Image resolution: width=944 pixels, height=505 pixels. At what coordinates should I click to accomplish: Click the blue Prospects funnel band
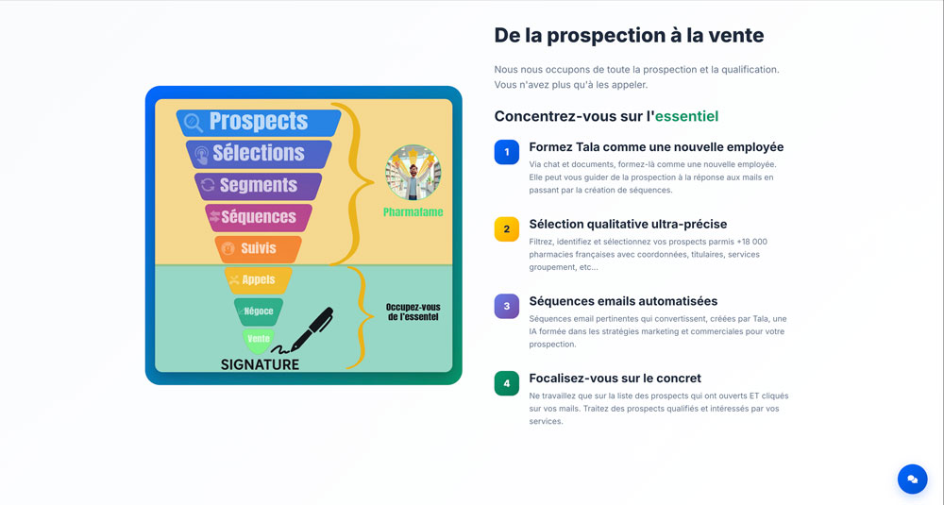259,122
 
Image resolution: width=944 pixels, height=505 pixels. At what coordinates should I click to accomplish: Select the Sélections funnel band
259,154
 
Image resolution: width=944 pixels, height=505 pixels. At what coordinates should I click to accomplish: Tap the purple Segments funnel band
259,186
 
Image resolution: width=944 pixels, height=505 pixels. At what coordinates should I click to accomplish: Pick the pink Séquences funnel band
259,217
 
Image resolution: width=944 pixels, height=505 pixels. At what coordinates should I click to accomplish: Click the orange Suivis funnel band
259,249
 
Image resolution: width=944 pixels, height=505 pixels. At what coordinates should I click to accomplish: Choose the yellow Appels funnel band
259,280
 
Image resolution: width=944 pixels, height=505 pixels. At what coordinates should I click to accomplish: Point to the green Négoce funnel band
259,311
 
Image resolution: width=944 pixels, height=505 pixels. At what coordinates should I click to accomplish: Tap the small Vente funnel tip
259,340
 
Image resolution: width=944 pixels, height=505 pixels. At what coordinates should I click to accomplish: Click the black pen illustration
309,331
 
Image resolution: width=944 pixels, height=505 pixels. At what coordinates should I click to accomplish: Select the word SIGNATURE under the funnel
260,364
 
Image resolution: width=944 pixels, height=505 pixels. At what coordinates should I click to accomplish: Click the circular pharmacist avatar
413,173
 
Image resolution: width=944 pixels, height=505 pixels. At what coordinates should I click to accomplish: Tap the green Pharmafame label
413,211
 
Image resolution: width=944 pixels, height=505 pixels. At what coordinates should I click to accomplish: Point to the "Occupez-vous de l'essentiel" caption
413,311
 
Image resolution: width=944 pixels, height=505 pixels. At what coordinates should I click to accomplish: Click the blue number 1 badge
506,152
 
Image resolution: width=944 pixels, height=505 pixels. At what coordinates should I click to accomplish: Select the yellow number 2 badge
506,229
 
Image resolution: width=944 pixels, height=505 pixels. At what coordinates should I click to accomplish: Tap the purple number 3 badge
506,307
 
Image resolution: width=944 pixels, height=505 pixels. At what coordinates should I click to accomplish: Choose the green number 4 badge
506,383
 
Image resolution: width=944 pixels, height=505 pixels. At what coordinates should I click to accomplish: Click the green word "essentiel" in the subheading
686,116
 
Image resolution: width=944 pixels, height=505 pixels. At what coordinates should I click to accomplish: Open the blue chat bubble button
912,480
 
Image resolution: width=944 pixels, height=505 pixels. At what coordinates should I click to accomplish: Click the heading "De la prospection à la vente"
629,36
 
